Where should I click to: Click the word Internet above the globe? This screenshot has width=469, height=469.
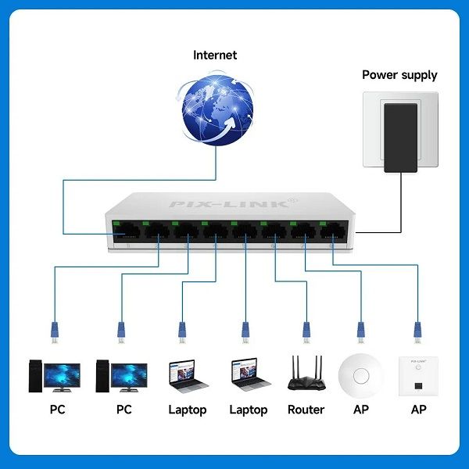[215, 55]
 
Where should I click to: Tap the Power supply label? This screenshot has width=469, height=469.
[399, 75]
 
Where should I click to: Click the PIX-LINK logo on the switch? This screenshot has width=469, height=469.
[234, 204]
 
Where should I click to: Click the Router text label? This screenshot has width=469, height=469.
[306, 410]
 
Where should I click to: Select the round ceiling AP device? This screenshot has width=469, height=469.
[360, 375]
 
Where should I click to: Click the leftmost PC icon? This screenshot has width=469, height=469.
[54, 374]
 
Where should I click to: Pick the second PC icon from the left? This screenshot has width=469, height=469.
[120, 374]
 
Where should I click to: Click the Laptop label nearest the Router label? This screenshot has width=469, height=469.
[249, 410]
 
